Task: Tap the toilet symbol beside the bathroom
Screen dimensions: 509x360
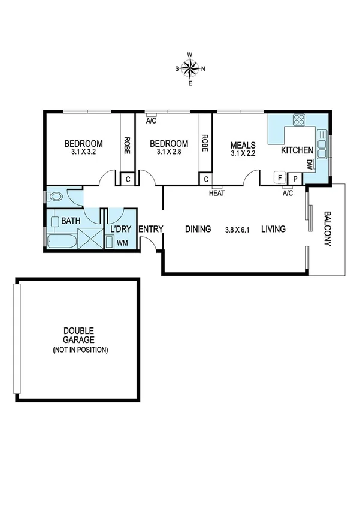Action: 56,196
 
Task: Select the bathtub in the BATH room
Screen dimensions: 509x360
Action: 60,241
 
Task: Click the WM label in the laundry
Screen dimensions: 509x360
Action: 122,243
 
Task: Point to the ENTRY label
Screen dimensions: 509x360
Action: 151,229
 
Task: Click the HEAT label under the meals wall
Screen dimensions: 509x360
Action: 216,193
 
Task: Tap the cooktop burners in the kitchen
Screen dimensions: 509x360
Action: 299,119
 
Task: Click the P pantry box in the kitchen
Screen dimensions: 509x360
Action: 295,177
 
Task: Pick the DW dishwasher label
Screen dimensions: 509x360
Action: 309,164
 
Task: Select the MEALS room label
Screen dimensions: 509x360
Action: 244,144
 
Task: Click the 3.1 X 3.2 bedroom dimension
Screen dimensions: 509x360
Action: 83,152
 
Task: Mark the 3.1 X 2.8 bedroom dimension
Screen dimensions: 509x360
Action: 168,152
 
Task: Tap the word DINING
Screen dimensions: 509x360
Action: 198,229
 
